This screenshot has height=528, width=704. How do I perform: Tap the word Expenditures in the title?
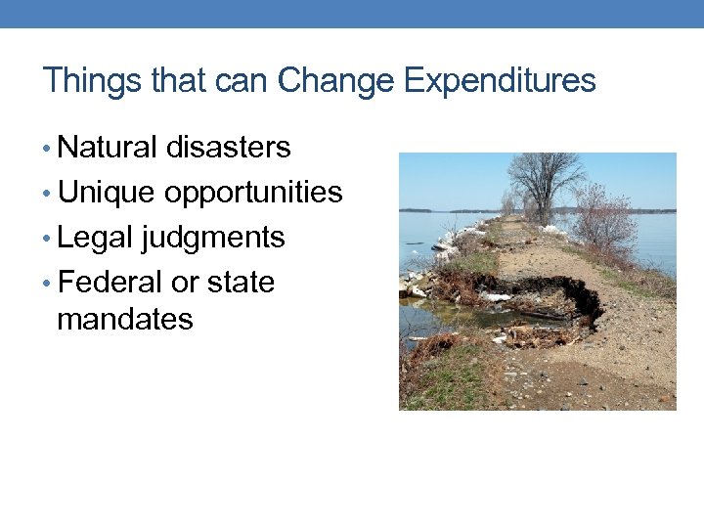click(x=499, y=81)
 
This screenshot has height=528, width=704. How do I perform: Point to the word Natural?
click(x=108, y=148)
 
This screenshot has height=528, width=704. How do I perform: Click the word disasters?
click(x=228, y=148)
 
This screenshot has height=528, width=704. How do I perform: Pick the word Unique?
click(x=106, y=193)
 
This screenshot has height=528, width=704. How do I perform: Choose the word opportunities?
click(x=253, y=194)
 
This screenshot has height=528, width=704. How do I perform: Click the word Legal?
click(x=96, y=238)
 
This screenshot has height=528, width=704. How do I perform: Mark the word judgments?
click(x=213, y=239)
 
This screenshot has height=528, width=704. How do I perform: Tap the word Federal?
click(x=110, y=283)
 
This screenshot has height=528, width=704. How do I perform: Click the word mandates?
click(x=125, y=319)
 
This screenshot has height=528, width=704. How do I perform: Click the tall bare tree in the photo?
click(x=544, y=182)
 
